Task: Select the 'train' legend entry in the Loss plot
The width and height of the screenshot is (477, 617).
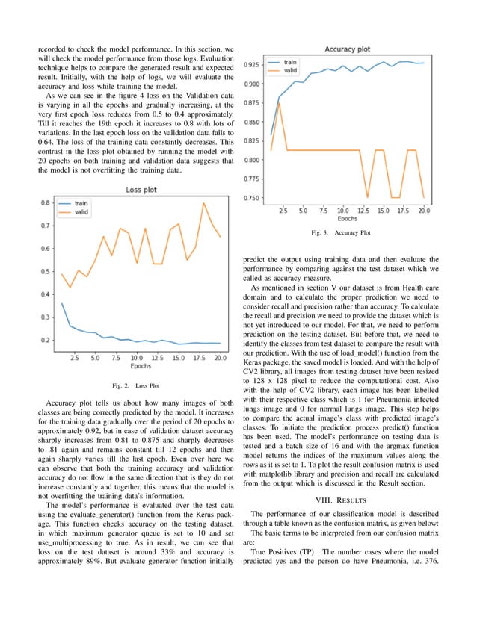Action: click(x=81, y=202)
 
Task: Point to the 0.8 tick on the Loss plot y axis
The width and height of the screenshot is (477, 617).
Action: click(x=45, y=203)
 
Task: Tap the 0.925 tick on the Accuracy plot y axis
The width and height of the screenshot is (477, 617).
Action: click(x=251, y=66)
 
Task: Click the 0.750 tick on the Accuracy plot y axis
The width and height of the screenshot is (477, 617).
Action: click(x=251, y=198)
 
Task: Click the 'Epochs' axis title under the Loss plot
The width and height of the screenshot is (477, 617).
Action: click(x=140, y=366)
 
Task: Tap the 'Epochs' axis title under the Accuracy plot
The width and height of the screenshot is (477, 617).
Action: click(x=346, y=220)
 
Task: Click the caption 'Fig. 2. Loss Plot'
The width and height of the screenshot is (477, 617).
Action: click(x=135, y=386)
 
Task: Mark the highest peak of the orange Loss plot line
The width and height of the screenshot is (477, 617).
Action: click(x=203, y=203)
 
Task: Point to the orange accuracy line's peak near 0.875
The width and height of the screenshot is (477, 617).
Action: click(x=279, y=102)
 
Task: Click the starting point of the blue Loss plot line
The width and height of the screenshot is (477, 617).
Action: click(x=61, y=303)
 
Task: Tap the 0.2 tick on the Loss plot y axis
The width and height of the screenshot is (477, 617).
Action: click(x=45, y=341)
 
